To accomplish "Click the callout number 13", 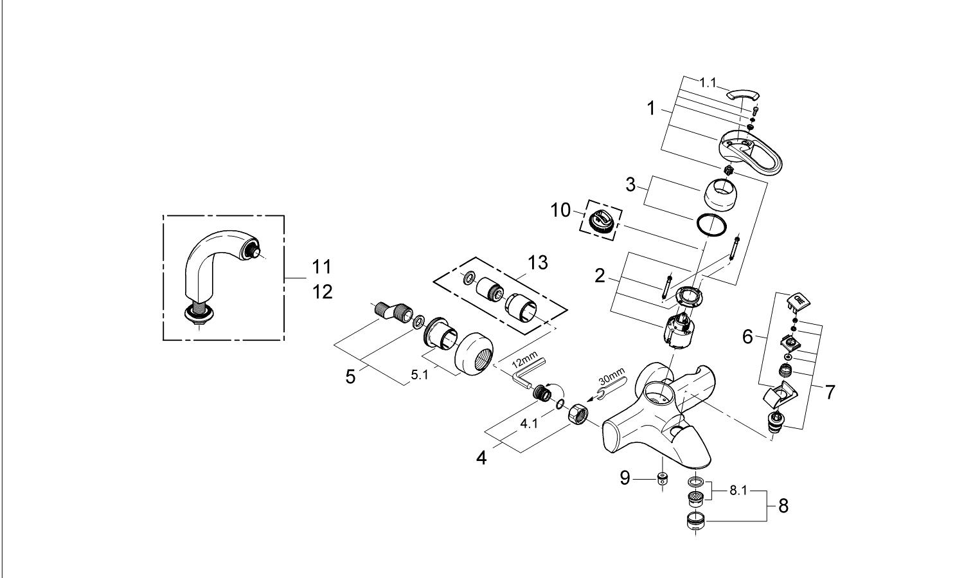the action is click(538, 262).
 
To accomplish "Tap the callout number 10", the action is click(560, 210).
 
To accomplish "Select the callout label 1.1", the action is click(708, 83).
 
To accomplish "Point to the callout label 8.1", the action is click(738, 491).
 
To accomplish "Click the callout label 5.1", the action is click(420, 375).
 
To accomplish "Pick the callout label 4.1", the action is click(529, 424).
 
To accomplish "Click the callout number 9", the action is click(625, 478).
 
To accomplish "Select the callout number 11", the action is click(321, 267).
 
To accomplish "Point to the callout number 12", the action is click(323, 293).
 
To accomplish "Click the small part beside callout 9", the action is click(662, 478).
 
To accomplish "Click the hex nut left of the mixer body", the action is click(575, 414).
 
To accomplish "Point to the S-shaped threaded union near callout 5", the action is click(391, 311).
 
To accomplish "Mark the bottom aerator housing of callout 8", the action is click(696, 521).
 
